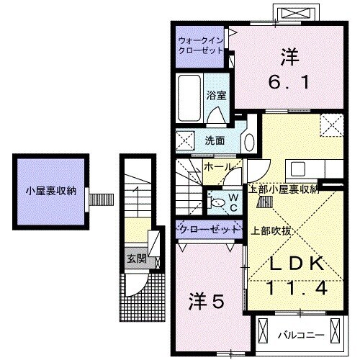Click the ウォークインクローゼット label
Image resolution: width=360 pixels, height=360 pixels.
click(202, 46)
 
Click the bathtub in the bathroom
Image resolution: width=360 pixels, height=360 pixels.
click(189, 100)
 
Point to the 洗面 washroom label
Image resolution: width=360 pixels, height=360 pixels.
click(214, 141)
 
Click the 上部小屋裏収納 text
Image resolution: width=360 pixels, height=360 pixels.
click(283, 190)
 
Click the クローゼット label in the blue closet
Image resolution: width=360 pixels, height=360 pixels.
click(208, 230)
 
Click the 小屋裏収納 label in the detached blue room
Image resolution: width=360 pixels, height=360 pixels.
click(49, 192)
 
